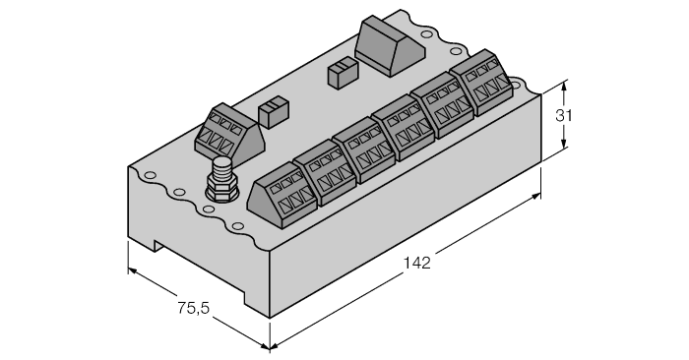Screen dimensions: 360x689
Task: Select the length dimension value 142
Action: coord(416,263)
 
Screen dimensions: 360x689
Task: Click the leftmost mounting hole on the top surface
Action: coord(150,178)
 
